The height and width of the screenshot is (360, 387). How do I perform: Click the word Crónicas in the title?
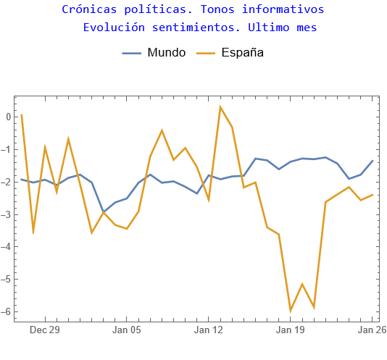pos(86,10)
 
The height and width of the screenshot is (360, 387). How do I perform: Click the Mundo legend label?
pos(166,53)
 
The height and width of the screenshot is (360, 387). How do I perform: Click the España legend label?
pos(242,53)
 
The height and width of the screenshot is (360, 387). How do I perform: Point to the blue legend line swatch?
pos(132,53)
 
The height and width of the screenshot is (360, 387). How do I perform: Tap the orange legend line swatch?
pos(207,53)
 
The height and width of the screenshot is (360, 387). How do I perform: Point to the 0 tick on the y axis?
pos(7,117)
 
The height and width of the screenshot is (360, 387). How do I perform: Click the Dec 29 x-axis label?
pos(45,330)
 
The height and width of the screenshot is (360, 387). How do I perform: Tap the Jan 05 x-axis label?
pos(127,330)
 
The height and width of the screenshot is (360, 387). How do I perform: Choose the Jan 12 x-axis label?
pos(209,330)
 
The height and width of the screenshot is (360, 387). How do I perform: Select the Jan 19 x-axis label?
pos(291,330)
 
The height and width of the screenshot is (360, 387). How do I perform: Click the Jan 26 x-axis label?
pos(372,330)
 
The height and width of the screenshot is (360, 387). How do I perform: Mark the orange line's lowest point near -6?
pos(291,311)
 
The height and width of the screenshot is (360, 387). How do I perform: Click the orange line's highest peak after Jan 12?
pos(220,106)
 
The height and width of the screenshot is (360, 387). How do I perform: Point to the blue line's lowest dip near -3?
pos(104,212)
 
